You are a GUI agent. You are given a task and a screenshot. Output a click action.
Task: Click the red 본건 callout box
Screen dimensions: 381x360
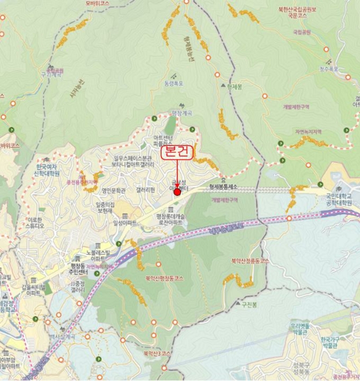177,153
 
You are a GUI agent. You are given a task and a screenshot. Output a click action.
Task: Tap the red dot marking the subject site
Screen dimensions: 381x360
177,192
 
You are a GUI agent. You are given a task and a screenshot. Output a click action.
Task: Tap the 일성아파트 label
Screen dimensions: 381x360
125,223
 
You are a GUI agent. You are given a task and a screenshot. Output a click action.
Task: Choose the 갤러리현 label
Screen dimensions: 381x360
145,190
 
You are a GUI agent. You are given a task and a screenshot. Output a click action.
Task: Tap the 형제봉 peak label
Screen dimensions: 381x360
235,86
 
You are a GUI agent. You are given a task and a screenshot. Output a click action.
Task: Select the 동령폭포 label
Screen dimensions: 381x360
173,83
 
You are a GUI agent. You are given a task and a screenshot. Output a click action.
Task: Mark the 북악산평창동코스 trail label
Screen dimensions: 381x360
164,278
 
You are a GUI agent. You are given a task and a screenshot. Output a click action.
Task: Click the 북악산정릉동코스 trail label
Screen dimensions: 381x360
250,261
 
